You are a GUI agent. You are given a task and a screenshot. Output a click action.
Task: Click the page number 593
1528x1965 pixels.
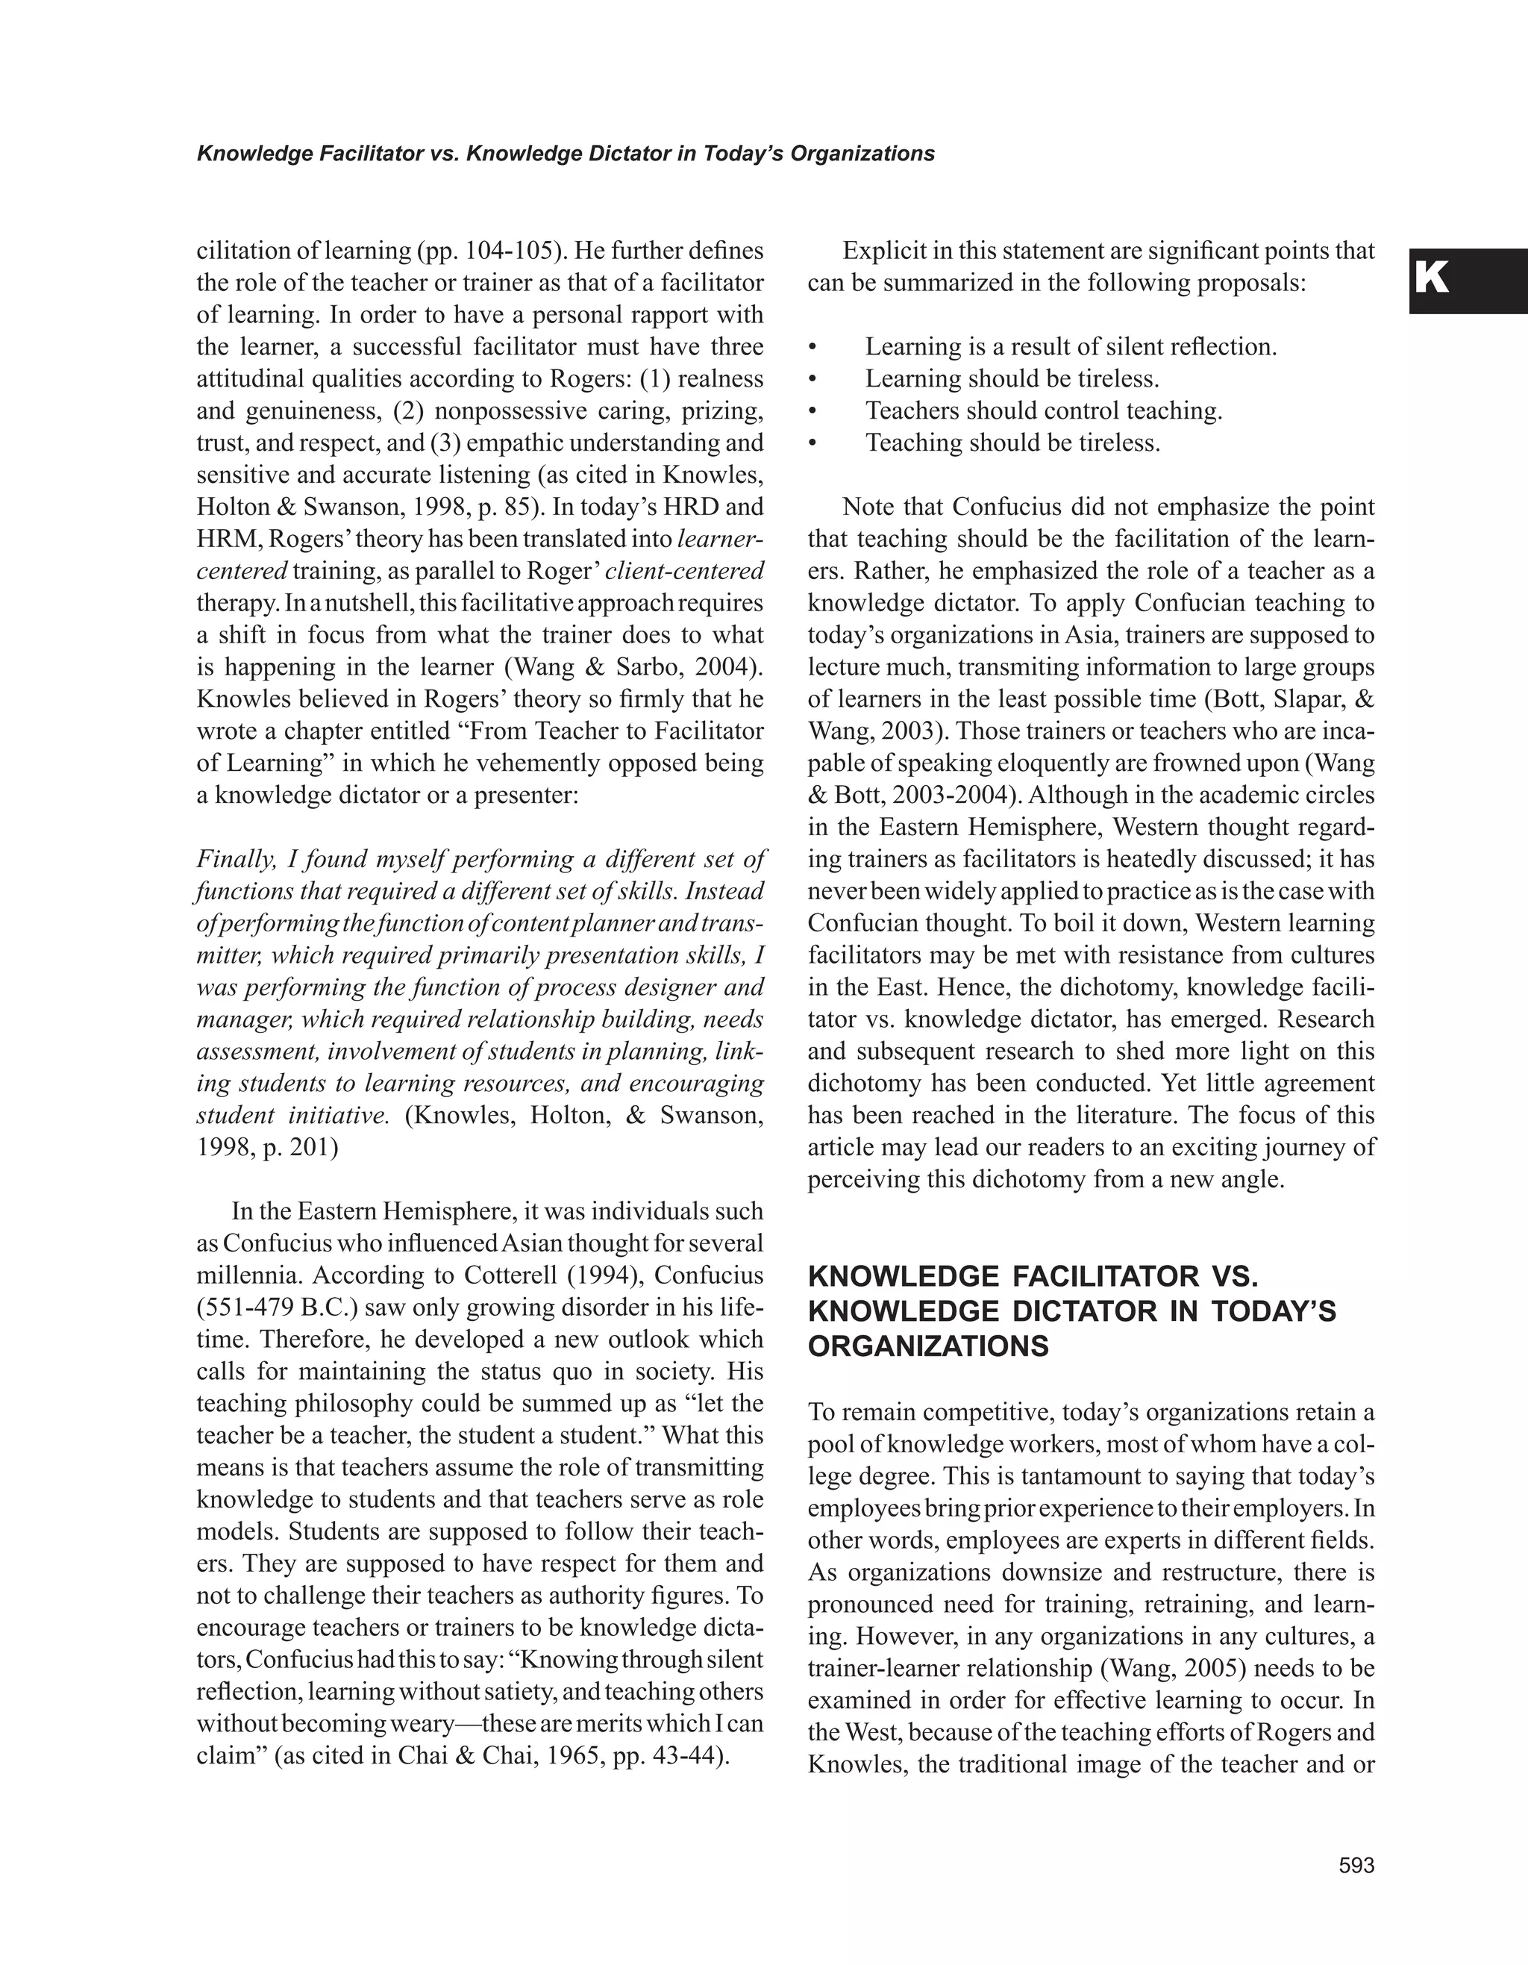tap(1356, 1866)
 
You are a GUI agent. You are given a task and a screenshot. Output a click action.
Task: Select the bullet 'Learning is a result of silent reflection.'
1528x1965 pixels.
tap(1070, 346)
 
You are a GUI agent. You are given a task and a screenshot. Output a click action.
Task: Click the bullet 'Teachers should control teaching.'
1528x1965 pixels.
tap(1043, 410)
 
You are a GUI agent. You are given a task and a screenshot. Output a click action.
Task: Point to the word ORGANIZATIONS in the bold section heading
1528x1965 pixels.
tap(928, 1347)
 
